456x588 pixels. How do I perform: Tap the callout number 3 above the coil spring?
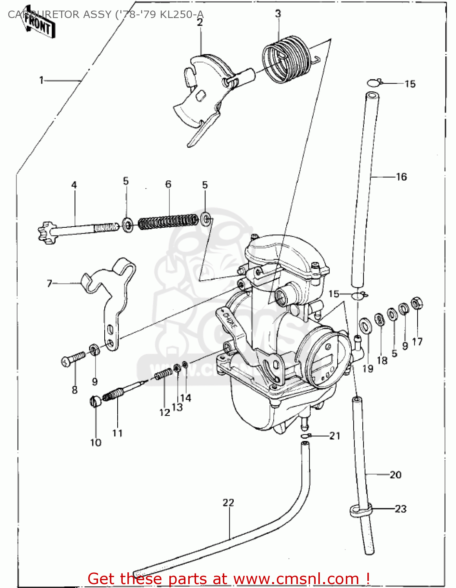[278, 14]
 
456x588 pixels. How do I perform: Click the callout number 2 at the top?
[200, 22]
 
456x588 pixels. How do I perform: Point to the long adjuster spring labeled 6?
[168, 221]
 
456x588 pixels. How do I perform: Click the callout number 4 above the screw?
[74, 185]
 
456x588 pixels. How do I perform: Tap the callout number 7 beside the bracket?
[49, 283]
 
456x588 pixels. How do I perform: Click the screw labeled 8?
[73, 358]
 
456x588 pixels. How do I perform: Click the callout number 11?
[117, 433]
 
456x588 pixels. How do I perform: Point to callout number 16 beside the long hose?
[401, 177]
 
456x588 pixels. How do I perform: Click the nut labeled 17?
[416, 303]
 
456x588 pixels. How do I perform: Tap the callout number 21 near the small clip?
[334, 436]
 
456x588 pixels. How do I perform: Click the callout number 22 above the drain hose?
[228, 503]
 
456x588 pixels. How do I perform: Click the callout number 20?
[395, 475]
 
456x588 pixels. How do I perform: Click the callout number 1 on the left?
[42, 80]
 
